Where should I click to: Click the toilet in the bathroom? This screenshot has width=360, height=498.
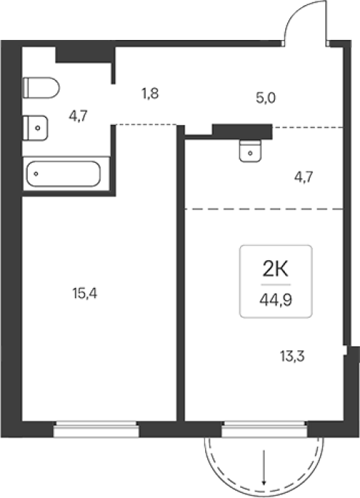tap(41, 88)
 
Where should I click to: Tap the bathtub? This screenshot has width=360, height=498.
tap(63, 174)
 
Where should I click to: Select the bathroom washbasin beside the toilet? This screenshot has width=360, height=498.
tap(35, 128)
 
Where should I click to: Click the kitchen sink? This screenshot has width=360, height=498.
tap(250, 151)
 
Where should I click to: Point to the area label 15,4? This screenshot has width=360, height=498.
tap(84, 294)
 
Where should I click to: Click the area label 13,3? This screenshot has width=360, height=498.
tap(292, 356)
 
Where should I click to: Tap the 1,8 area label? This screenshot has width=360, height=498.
tap(150, 94)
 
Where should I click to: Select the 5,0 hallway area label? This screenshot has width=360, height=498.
tap(265, 98)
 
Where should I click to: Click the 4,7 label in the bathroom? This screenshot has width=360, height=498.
tap(78, 116)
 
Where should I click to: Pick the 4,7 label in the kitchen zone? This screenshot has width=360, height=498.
tap(304, 177)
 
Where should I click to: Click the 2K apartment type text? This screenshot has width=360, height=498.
tap(275, 270)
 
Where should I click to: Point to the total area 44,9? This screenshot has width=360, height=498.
tap(276, 300)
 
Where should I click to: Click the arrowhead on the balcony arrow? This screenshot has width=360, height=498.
tap(264, 491)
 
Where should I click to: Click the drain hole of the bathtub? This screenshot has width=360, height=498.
tap(36, 174)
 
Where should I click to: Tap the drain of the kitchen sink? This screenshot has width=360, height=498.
tap(250, 153)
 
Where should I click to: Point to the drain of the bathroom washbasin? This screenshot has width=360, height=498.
tap(38, 128)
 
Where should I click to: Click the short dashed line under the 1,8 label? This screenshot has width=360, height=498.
tap(146, 124)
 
